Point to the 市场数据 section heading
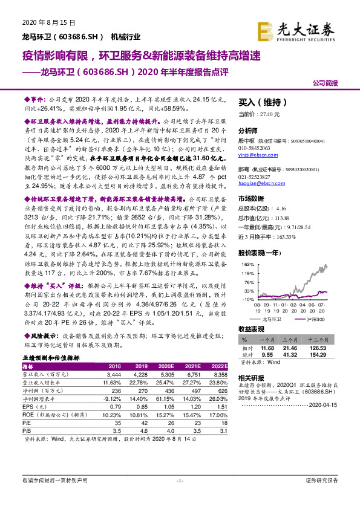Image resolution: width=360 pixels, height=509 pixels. coord(250,198)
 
